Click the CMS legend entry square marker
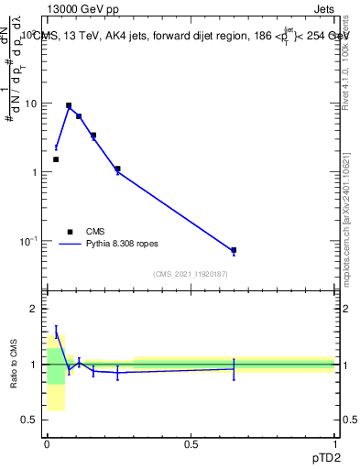(70, 232)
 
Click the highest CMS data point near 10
(69, 105)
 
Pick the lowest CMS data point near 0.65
(234, 250)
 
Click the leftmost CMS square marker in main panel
(56, 159)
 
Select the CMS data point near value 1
(117, 169)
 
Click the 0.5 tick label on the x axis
(191, 443)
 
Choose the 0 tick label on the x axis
(47, 443)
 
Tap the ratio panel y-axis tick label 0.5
(30, 420)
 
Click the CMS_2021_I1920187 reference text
(191, 274)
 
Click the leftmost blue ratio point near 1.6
(56, 332)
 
